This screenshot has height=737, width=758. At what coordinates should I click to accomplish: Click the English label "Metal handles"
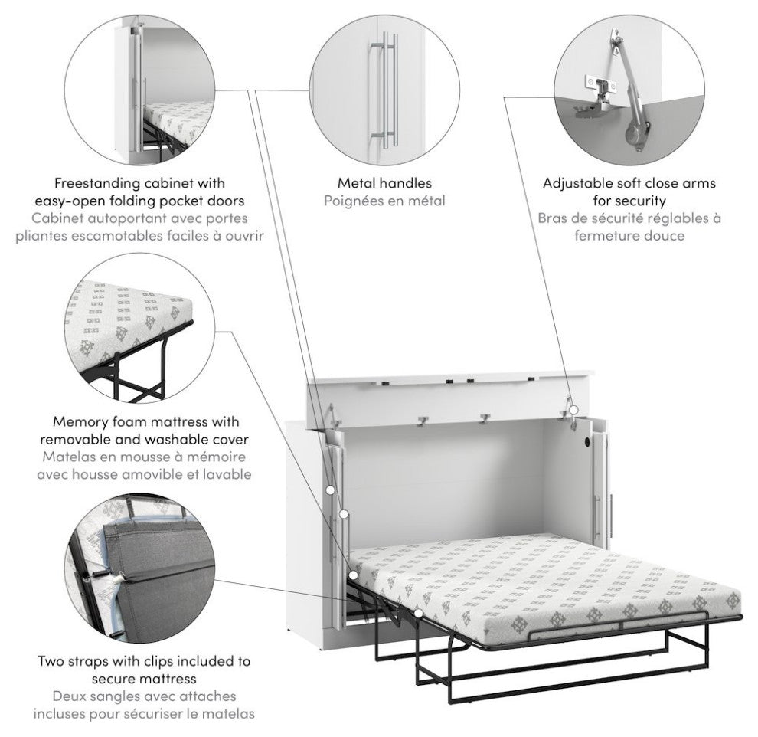point(384,183)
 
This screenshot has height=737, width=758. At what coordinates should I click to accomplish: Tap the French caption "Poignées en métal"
point(384,201)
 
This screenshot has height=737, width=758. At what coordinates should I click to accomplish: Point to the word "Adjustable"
point(577,183)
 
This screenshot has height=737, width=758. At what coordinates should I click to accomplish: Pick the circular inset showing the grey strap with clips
point(139,568)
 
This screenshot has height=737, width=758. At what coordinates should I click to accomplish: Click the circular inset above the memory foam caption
point(139,328)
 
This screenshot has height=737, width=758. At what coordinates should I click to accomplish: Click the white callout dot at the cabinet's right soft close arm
point(573,410)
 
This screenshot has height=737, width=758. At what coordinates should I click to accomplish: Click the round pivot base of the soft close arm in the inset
point(637,135)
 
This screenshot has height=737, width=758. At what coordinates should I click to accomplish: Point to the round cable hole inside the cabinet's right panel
point(586,443)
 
